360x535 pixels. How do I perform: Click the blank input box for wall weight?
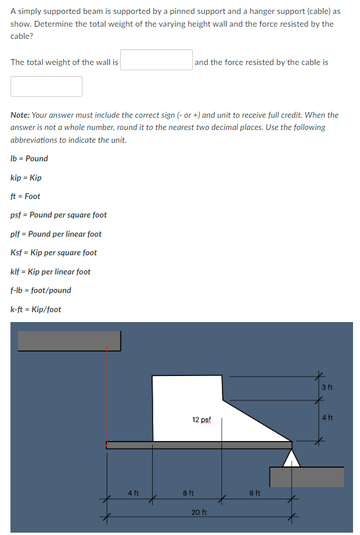(x=157, y=60)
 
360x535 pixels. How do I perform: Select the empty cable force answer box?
(x=46, y=86)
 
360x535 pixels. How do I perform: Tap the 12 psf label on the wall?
(x=201, y=419)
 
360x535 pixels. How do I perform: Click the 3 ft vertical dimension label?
(x=327, y=387)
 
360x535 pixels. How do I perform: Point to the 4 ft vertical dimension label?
(x=327, y=417)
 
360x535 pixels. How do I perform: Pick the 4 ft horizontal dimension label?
(x=133, y=493)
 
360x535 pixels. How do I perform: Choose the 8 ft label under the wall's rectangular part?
(x=188, y=493)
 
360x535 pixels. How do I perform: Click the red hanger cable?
(x=107, y=395)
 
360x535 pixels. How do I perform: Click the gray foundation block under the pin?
(x=307, y=476)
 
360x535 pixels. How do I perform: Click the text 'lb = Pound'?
(x=29, y=158)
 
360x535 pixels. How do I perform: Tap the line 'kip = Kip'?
(x=26, y=178)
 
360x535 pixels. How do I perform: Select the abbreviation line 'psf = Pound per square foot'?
(x=59, y=215)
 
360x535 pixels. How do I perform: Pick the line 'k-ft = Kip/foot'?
(x=35, y=309)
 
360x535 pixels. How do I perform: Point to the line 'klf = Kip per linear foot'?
(x=51, y=272)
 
